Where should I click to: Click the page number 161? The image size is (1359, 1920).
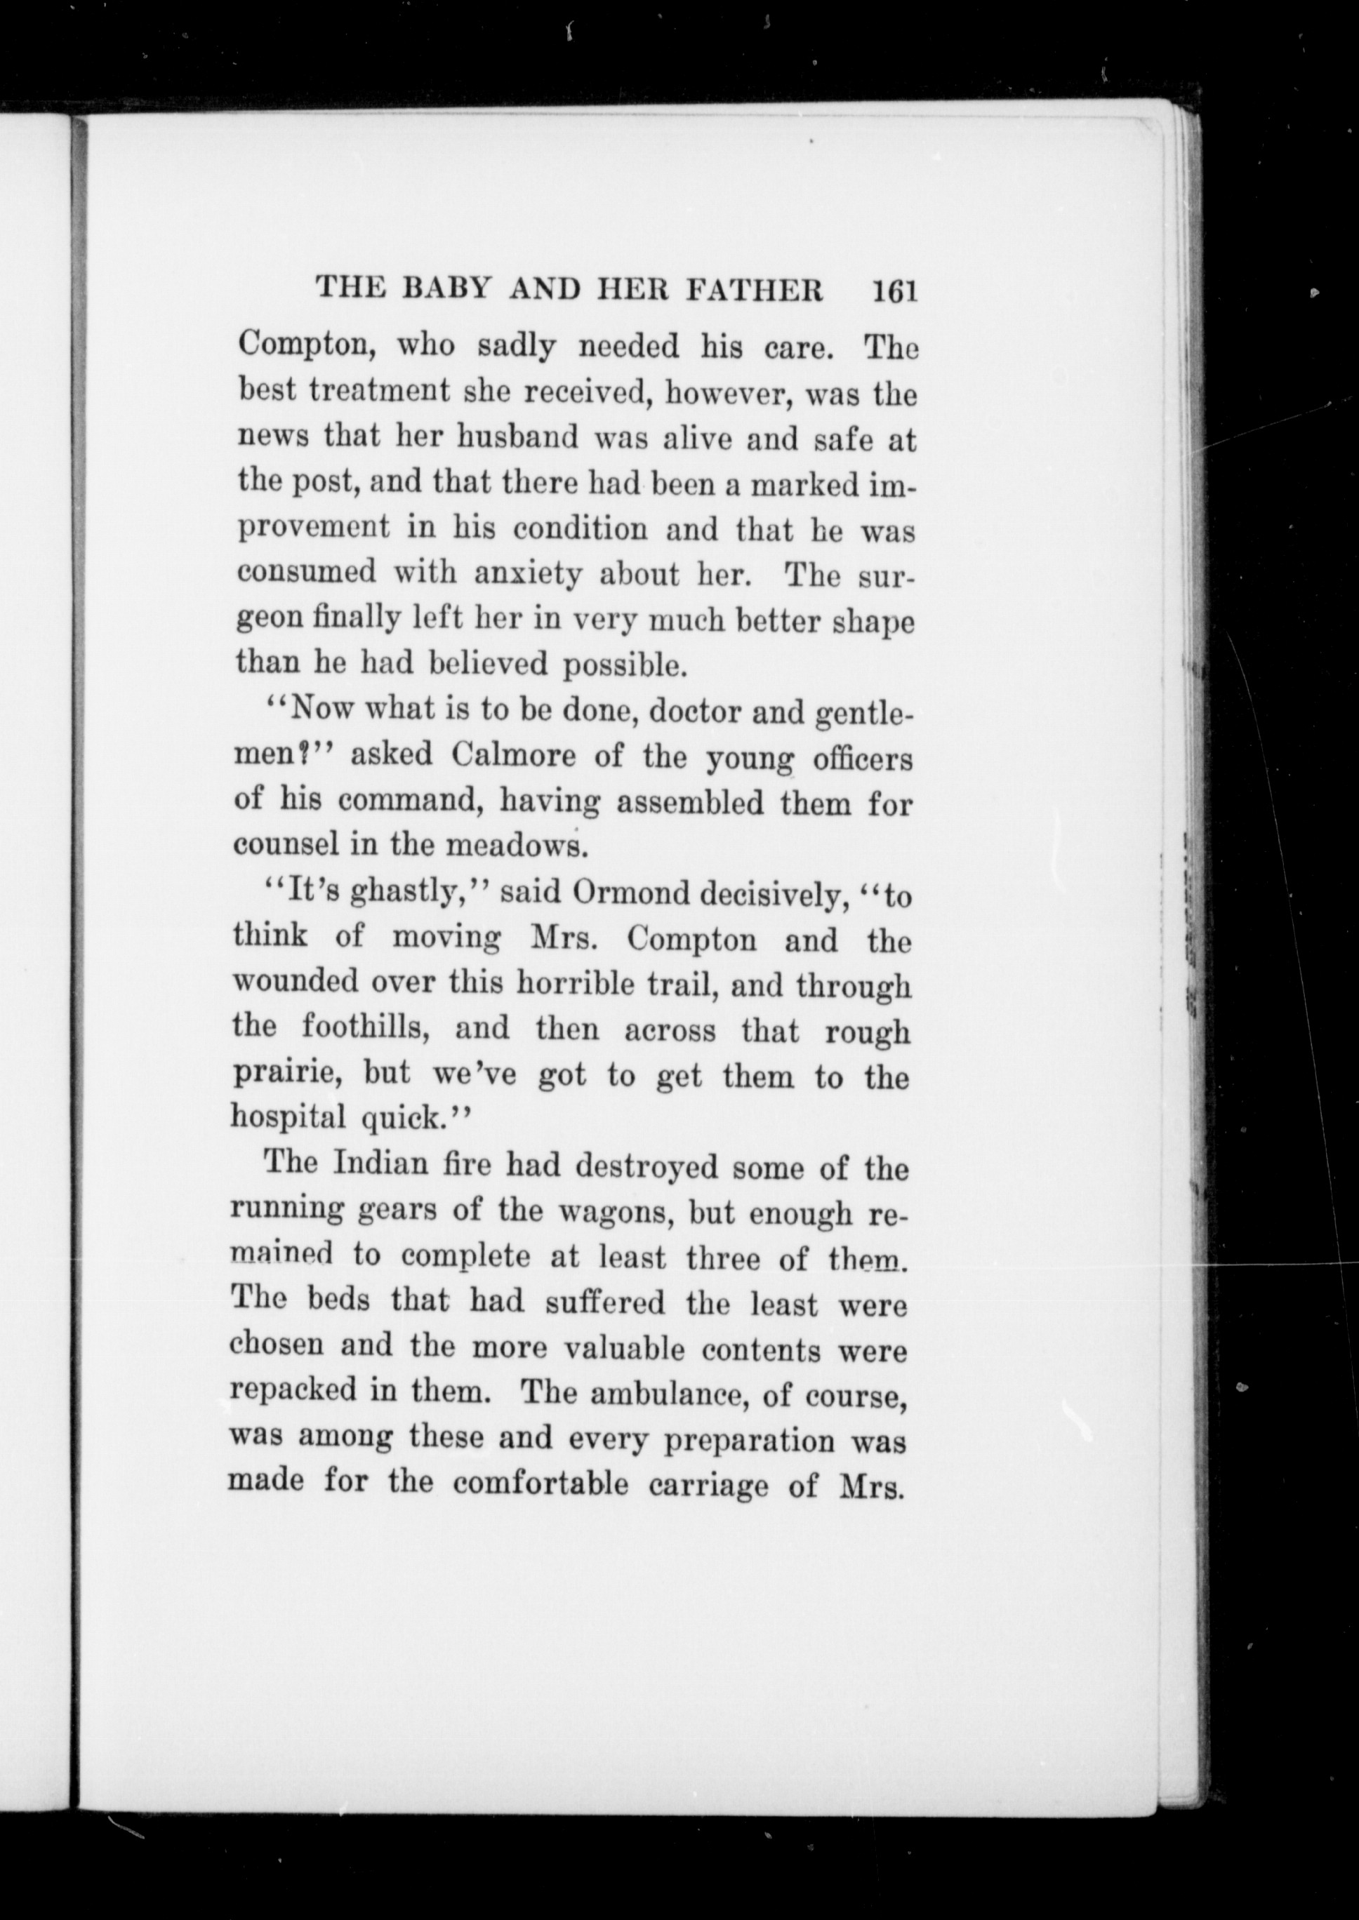(x=894, y=291)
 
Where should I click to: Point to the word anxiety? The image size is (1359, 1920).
(x=527, y=574)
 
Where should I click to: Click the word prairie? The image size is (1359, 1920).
(x=287, y=1074)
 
